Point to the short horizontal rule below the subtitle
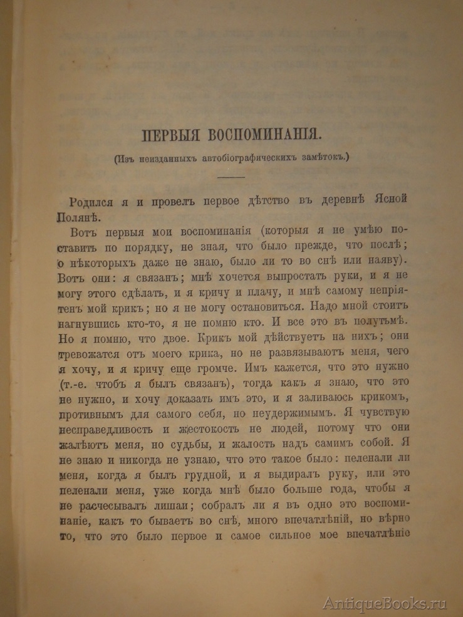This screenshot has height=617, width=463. point(232,178)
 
